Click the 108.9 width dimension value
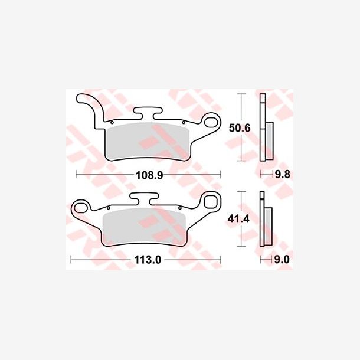point(149,176)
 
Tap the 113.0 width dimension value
point(148,260)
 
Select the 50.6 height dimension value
point(240,128)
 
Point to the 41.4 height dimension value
point(238,220)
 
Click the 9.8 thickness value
point(283,175)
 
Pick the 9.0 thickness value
point(282,260)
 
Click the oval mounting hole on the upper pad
point(211,122)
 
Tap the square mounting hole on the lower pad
point(210,201)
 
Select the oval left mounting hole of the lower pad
point(80,208)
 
